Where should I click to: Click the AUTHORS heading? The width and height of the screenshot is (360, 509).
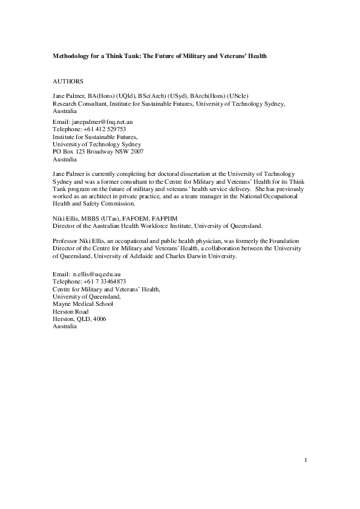68,80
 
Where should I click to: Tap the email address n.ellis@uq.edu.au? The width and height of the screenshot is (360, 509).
96,274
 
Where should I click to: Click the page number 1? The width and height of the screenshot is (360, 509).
306,462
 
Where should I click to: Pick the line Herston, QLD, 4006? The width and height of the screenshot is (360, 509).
80,319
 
